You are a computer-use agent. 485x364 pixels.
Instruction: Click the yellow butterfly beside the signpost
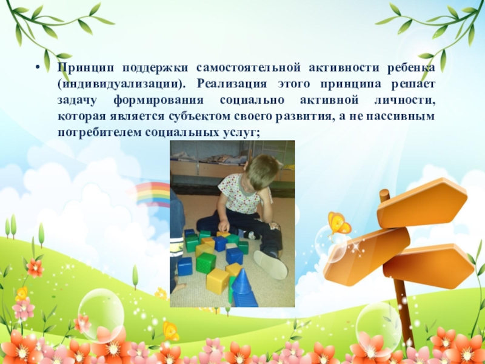click(338, 223)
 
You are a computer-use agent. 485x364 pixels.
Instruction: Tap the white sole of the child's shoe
click(270, 264)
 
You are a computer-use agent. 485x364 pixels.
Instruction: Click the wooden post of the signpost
click(403, 303)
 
